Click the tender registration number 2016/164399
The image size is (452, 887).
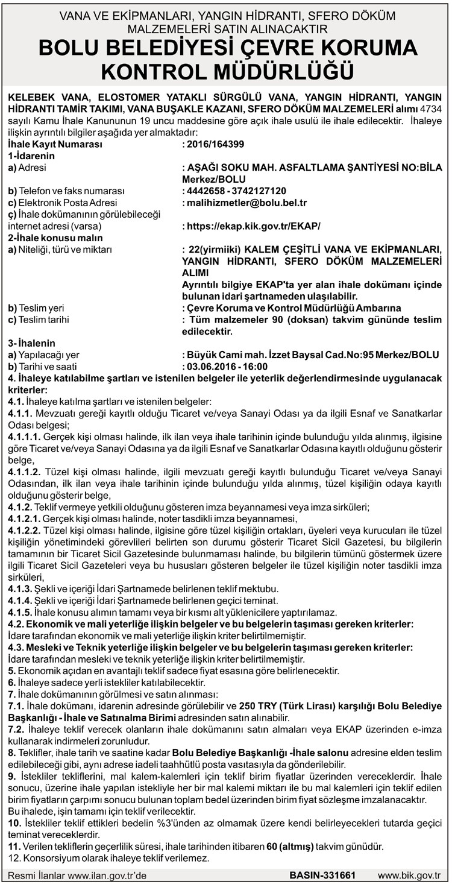point(216,145)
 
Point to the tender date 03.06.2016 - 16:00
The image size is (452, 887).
point(227,366)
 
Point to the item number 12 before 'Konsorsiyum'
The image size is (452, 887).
point(13,858)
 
